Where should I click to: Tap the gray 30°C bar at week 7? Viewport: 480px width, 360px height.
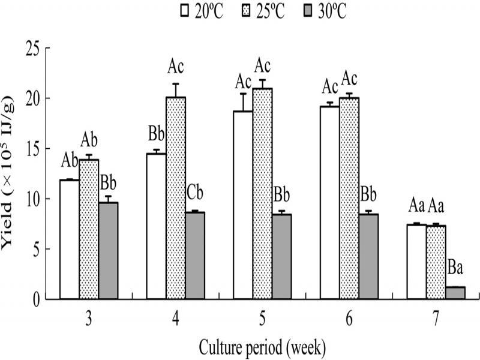click(x=455, y=292)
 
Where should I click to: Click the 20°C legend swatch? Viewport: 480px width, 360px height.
click(x=184, y=10)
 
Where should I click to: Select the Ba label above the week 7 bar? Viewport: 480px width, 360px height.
click(x=455, y=268)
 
